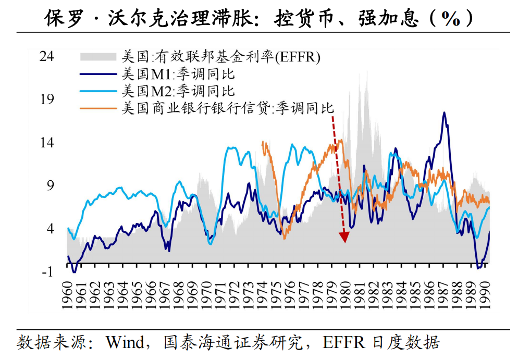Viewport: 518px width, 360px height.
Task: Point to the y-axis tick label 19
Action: pos(47,99)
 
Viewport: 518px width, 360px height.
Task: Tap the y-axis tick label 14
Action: pos(47,142)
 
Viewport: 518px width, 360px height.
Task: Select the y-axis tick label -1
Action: pos(47,271)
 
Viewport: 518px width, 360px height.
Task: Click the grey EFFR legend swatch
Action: pos(98,56)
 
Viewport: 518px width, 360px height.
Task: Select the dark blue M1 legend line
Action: pos(98,73)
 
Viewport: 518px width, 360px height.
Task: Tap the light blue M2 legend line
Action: pos(98,91)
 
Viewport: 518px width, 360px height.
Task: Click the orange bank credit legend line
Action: pos(98,108)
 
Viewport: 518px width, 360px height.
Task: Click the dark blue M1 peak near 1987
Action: pos(444,113)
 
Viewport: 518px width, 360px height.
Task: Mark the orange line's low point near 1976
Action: pos(285,238)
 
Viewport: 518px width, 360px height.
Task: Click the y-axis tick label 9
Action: pos(50,185)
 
